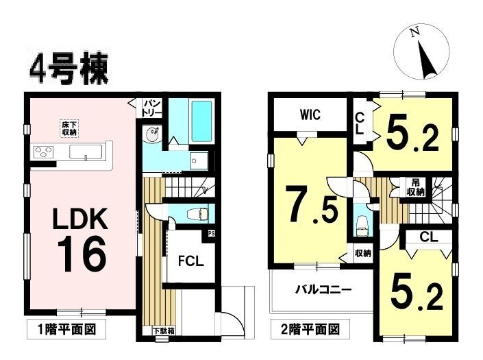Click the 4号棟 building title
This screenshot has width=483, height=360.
click(x=69, y=70)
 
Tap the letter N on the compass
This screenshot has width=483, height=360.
click(x=415, y=32)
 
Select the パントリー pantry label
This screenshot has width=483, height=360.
click(x=152, y=108)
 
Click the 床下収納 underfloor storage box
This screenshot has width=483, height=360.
click(x=69, y=128)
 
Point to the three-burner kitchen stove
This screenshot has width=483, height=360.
click(x=44, y=152)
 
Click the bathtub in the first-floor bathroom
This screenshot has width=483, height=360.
click(x=201, y=121)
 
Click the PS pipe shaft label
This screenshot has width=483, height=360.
click(x=211, y=233)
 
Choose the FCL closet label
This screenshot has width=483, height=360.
click(x=191, y=261)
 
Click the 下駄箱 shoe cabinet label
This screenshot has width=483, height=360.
click(x=164, y=331)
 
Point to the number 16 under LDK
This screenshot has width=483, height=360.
click(x=82, y=254)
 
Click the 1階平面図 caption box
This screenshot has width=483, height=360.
click(x=66, y=329)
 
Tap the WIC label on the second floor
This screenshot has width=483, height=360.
click(x=310, y=115)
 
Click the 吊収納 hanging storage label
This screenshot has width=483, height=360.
click(x=415, y=187)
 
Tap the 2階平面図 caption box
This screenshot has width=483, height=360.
click(x=310, y=329)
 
